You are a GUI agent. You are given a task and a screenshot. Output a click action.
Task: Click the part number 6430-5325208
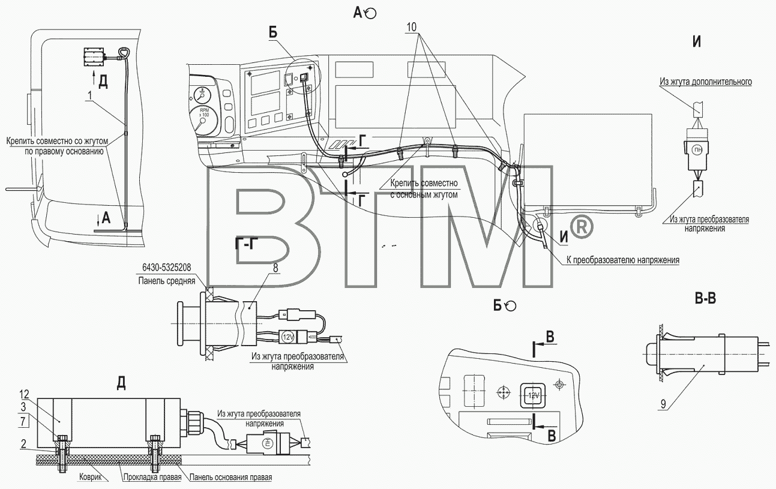166,268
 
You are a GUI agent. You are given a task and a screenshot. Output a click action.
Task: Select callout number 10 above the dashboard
411,26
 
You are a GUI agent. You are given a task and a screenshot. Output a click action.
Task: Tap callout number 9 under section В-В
663,404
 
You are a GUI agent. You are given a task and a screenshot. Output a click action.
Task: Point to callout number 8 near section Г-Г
275,268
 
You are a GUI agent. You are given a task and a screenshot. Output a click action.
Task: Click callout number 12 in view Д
24,394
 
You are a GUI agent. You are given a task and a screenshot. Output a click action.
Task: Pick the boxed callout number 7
23,421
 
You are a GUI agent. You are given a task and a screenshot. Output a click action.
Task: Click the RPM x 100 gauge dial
205,120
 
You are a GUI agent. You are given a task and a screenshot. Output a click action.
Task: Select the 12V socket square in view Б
533,395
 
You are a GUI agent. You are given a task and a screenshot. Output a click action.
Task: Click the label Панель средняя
167,281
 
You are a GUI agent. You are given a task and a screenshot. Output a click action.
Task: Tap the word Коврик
91,476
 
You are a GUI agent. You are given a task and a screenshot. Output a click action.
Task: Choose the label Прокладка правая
152,477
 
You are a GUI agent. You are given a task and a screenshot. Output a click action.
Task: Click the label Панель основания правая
230,477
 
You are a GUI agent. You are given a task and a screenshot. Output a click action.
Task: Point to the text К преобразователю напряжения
623,260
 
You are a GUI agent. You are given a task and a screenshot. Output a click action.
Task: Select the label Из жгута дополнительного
706,82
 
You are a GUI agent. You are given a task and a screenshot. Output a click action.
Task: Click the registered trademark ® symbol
582,227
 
